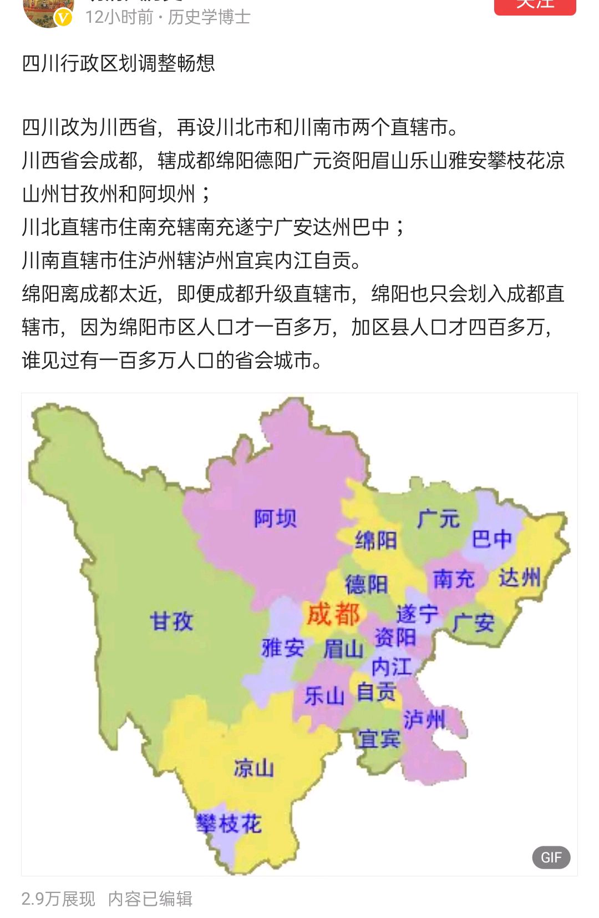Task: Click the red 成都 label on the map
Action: point(333,614)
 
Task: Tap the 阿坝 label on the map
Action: point(275,518)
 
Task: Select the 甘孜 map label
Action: point(171,620)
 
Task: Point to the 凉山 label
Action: point(253,768)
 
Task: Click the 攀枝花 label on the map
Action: point(229,824)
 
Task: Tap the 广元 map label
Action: point(438,519)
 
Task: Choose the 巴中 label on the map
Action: point(491,538)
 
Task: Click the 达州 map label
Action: point(519,578)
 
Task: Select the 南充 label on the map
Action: point(453,579)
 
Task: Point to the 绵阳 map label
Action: point(375,540)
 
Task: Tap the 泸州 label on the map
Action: point(424,719)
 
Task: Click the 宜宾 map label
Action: point(379,739)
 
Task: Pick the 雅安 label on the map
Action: point(282,648)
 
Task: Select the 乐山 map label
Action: point(324,695)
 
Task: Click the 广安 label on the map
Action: point(473,623)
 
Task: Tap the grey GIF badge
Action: point(551,857)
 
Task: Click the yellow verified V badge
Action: point(64,18)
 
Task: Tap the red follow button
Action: point(535,6)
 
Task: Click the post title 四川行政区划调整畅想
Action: point(118,63)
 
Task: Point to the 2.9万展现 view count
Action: point(58,899)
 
